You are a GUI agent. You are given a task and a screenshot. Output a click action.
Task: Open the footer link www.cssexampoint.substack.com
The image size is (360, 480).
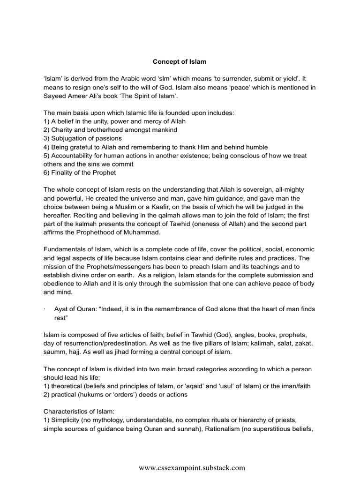(x=192, y=468)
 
